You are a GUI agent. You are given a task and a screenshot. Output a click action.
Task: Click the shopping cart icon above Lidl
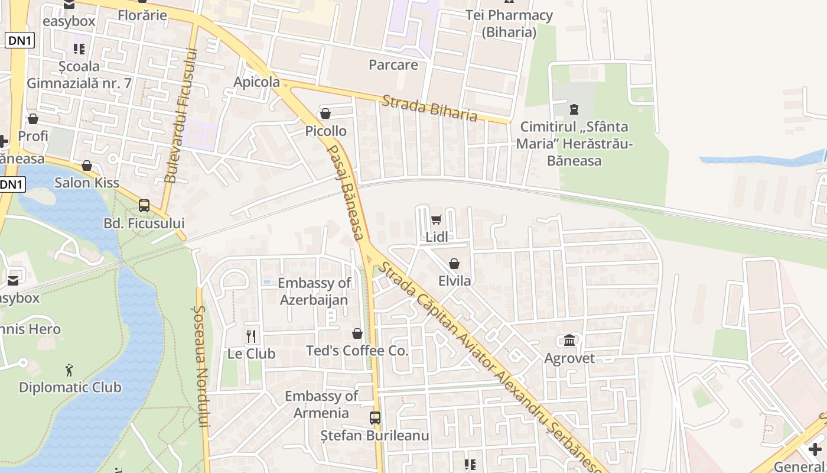436,220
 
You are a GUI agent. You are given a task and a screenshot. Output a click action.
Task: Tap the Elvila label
454,281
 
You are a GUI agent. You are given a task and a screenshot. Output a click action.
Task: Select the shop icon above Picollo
325,114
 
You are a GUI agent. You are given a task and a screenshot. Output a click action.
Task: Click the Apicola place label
256,82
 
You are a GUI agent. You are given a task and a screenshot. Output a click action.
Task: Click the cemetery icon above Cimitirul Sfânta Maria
574,109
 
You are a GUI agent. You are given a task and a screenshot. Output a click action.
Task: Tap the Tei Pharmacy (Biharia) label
509,24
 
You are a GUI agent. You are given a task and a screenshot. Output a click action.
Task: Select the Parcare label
393,64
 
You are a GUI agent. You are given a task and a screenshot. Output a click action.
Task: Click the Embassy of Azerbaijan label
314,291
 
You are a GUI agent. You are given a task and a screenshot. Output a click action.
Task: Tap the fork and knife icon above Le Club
252,336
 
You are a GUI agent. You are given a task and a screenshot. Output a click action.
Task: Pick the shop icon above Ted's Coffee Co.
357,334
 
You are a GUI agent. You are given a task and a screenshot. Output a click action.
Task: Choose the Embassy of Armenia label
321,404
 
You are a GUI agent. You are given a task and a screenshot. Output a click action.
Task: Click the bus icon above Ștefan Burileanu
375,418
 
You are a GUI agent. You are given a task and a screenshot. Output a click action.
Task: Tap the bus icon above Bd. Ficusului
144,206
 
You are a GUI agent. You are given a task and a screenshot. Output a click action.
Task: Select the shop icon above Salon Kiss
87,166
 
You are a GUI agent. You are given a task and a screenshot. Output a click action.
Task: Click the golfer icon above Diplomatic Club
70,371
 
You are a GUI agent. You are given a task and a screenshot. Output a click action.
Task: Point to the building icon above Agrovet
569,341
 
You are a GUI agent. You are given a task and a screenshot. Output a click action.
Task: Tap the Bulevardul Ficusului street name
180,115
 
